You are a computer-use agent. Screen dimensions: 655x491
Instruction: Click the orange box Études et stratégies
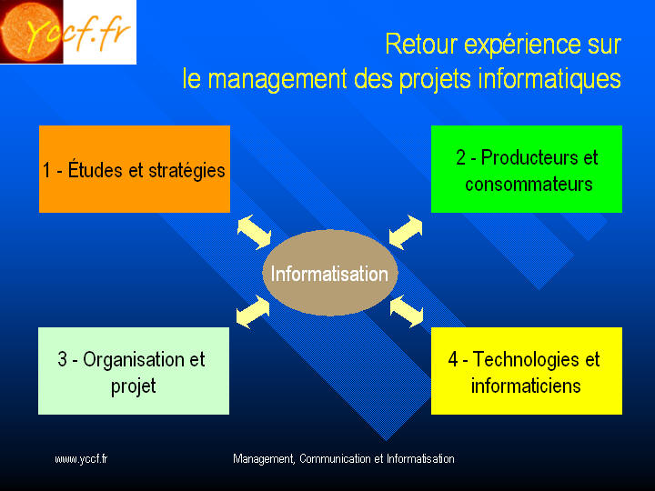pos(135,169)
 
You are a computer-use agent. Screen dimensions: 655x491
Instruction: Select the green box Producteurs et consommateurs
pos(527,169)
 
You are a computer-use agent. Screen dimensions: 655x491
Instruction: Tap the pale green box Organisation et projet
pos(134,371)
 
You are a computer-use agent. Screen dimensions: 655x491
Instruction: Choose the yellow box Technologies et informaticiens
pos(527,371)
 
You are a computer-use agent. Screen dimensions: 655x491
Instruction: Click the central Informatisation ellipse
pos(330,273)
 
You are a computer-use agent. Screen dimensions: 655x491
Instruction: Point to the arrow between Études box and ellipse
pos(254,232)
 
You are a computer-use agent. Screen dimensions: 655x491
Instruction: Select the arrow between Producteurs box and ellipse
pos(406,232)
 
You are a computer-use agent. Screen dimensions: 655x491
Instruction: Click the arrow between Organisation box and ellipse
pos(253,312)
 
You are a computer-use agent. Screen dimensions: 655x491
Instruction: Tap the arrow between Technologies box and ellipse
pos(407,312)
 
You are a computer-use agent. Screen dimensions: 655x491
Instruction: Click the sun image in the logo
pos(31,32)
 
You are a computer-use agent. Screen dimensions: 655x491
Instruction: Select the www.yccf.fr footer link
pos(81,459)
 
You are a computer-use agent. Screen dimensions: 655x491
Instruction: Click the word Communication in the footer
pos(335,459)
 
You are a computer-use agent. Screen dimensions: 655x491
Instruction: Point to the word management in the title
pos(277,79)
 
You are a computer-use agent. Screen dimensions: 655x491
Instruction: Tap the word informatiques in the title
pos(549,79)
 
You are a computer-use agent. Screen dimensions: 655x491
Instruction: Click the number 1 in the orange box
pos(46,170)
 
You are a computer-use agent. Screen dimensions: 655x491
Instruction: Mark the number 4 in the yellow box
pos(453,359)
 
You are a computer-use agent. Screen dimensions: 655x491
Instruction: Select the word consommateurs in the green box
pos(529,184)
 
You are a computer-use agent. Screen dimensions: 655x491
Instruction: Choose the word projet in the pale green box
pos(133,386)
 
